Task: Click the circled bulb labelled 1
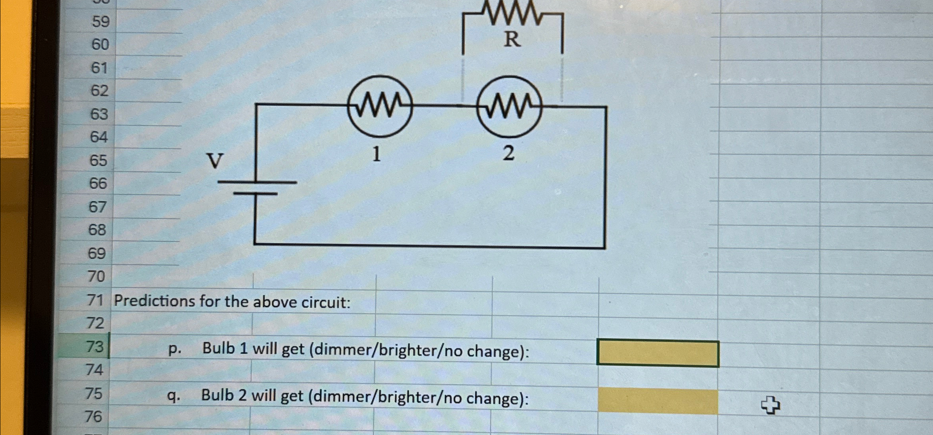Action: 380,106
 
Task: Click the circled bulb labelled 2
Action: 509,107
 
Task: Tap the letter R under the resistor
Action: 512,40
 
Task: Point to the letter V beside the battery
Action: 215,161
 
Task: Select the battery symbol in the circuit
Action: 257,188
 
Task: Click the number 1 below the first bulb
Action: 377,154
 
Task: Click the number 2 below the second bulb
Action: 509,153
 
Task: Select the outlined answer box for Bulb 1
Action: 658,353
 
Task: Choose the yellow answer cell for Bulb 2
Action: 658,401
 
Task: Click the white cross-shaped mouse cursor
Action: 770,405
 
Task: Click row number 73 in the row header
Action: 95,347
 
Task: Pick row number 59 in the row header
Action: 101,21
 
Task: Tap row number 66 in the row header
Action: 98,184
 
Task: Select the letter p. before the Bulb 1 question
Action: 175,349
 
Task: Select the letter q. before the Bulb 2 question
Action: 174,396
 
